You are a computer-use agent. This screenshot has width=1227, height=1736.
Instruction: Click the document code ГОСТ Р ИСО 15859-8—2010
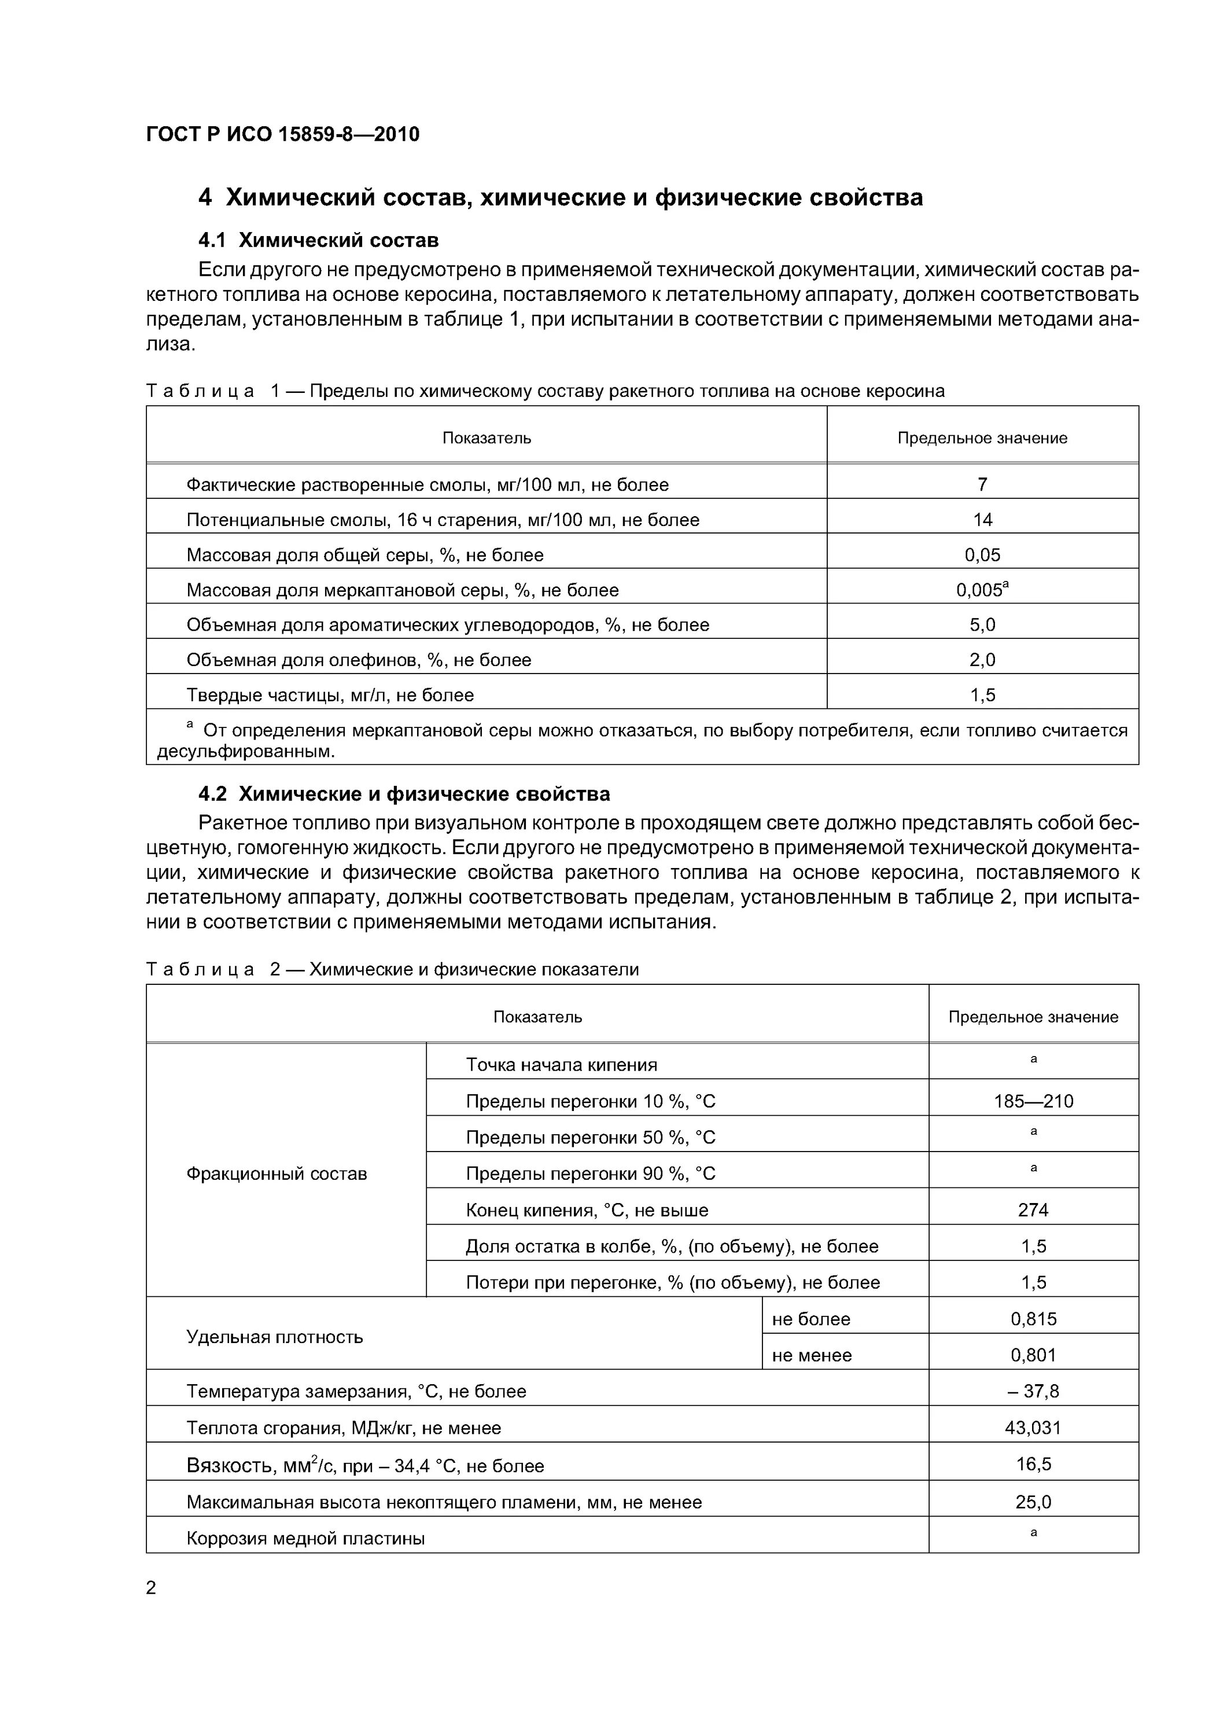[x=283, y=135]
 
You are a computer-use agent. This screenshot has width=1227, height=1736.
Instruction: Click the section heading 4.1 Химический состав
[x=318, y=241]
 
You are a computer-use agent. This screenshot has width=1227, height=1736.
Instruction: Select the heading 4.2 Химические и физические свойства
[x=404, y=794]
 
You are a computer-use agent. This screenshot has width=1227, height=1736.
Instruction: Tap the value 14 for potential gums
[x=982, y=520]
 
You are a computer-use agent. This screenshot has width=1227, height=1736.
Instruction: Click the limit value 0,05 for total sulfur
[x=982, y=555]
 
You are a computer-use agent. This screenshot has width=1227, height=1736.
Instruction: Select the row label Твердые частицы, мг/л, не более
[x=330, y=696]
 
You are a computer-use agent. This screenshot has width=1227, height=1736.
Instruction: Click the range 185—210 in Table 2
[x=1033, y=1101]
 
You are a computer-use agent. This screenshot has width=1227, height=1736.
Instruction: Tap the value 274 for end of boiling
[x=1033, y=1211]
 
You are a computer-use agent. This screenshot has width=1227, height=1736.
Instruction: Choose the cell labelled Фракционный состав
[x=276, y=1174]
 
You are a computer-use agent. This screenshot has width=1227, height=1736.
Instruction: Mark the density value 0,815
[x=1033, y=1319]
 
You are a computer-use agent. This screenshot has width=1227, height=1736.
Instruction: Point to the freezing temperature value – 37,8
[x=1033, y=1392]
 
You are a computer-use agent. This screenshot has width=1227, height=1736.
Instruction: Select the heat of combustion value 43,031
[x=1033, y=1428]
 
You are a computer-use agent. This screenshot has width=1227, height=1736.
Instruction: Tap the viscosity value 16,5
[x=1033, y=1465]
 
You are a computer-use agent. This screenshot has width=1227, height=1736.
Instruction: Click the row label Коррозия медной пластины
[x=305, y=1539]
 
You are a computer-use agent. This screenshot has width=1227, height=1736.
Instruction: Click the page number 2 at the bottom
[x=151, y=1588]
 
